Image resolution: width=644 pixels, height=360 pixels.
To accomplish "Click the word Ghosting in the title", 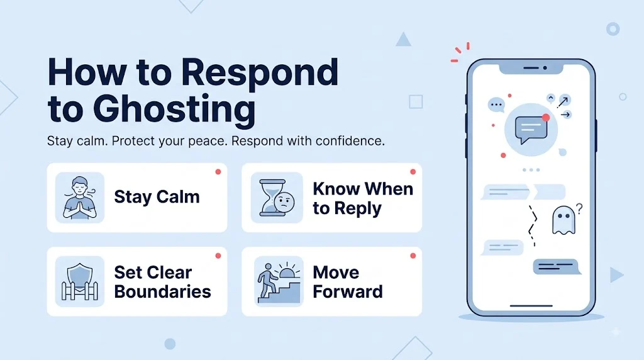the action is point(174,110).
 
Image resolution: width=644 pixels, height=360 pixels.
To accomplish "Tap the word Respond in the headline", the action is point(260,73).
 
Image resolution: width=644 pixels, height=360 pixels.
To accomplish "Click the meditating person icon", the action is point(80,198).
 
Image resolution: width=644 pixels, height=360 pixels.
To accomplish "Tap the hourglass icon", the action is point(277,198).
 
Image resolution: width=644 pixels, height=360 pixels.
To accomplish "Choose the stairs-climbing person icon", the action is point(279,282).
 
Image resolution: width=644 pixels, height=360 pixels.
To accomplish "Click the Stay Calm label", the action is point(157,197).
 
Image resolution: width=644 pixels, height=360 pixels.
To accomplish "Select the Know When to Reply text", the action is point(363,198).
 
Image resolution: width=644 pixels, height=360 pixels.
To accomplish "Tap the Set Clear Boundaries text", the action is point(163,282).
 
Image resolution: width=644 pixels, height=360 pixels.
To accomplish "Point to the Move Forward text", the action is point(347,282).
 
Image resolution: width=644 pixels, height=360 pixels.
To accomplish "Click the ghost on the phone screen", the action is point(563,220).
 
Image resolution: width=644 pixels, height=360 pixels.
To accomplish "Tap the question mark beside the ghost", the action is point(579,209).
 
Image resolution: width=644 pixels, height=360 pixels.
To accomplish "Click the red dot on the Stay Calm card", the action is point(218,172).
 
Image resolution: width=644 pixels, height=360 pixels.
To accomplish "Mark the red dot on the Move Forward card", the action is point(413,256).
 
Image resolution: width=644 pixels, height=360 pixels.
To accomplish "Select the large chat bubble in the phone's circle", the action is point(531,129).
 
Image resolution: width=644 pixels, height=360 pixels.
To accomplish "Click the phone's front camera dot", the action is point(545,68).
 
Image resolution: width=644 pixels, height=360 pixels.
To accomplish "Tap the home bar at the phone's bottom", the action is point(531,306).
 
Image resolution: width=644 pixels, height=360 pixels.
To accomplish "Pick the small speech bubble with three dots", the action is point(496,105).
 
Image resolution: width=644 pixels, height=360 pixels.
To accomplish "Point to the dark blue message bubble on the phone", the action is point(557,267).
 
